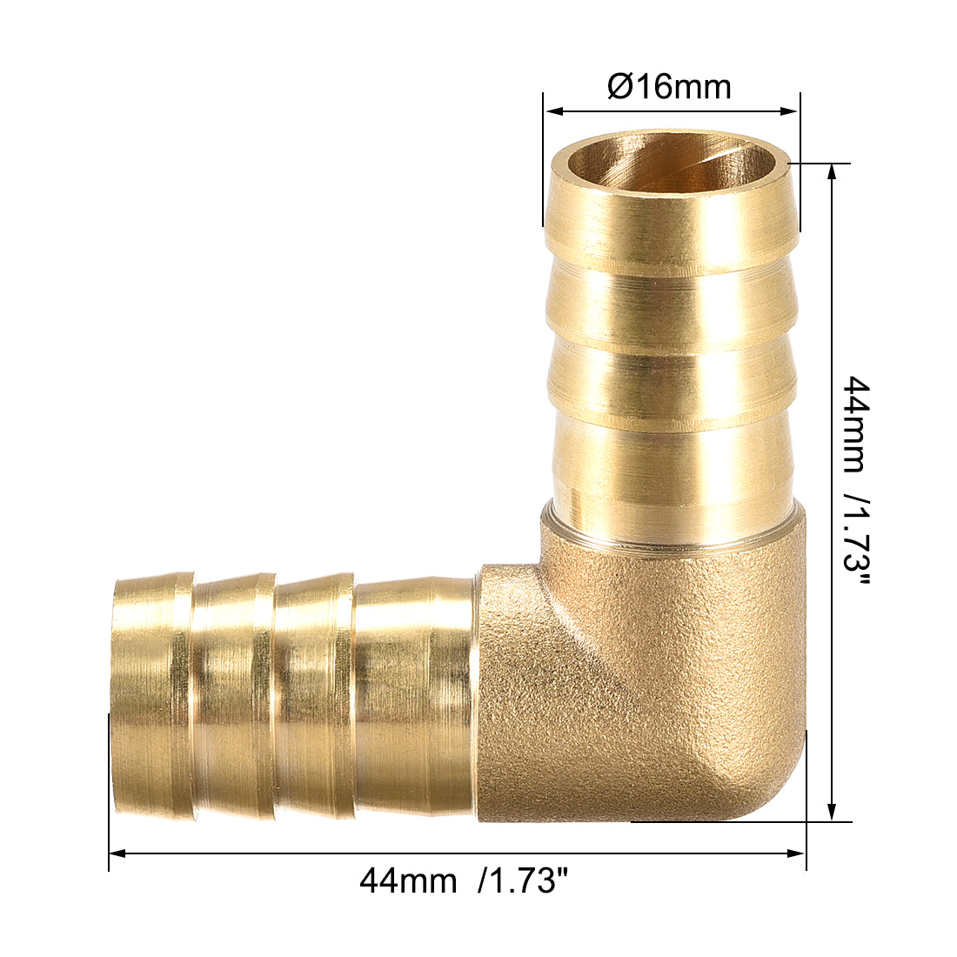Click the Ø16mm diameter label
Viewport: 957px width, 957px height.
[x=669, y=86]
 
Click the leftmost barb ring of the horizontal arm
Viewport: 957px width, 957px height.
[x=152, y=696]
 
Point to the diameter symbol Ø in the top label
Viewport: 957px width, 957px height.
[x=619, y=86]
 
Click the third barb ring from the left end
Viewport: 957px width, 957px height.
[x=314, y=696]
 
